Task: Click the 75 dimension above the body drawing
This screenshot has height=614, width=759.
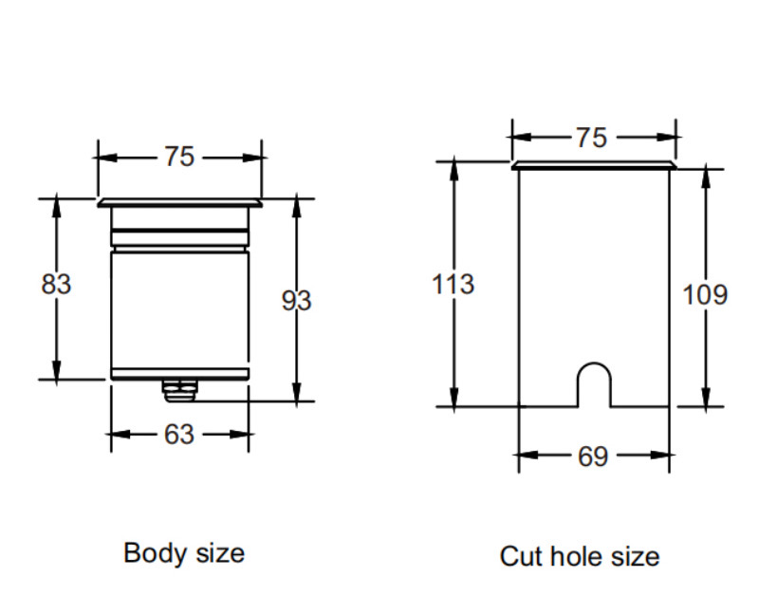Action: [179, 157]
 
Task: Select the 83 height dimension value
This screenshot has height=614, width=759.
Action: [57, 284]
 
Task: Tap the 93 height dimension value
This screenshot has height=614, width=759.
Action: [296, 301]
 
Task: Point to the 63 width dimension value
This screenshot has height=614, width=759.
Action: [179, 434]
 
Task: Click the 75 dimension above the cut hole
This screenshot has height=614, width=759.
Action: [591, 139]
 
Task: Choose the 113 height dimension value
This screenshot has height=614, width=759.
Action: [453, 284]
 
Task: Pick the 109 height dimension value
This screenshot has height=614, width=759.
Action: [706, 295]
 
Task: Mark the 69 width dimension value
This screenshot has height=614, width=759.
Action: [593, 456]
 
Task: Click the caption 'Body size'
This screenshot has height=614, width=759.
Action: [184, 552]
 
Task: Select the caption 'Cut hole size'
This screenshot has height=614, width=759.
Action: [580, 556]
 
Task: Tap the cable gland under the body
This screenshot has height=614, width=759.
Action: [178, 388]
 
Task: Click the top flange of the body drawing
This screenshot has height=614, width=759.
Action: [179, 202]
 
